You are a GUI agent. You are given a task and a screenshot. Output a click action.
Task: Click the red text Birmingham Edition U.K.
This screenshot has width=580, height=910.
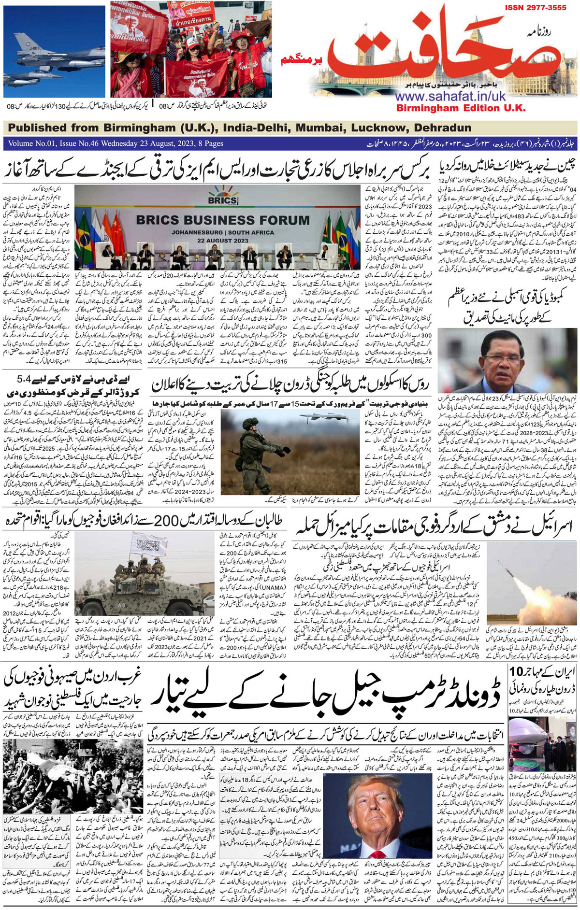click(x=461, y=108)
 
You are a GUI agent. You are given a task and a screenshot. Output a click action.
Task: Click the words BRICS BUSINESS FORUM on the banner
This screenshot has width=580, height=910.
click(x=223, y=220)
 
